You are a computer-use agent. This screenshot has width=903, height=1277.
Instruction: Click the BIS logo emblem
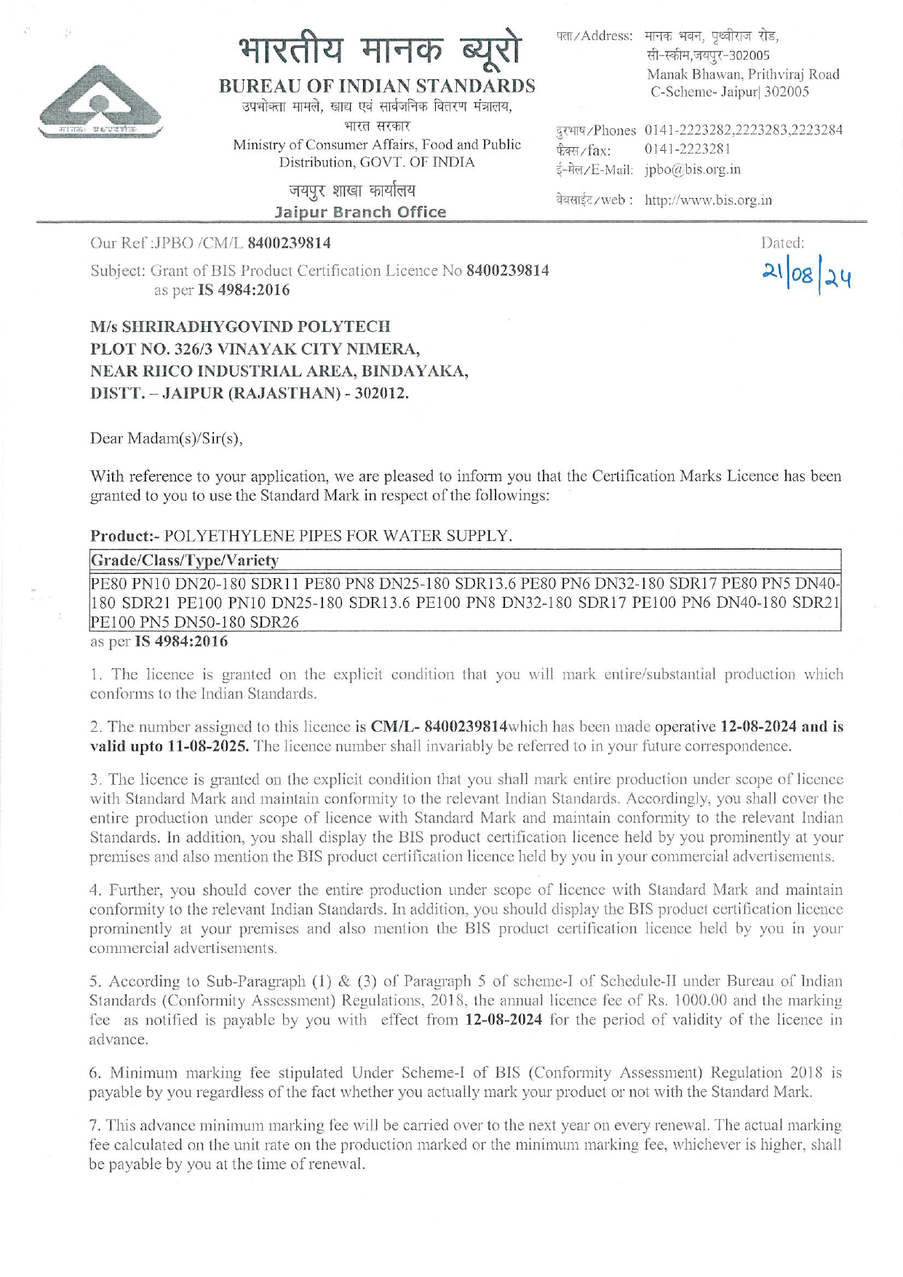[x=100, y=100]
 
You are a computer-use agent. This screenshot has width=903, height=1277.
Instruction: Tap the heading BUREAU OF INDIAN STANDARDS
[x=377, y=86]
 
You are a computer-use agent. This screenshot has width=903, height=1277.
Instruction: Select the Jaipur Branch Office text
[x=360, y=212]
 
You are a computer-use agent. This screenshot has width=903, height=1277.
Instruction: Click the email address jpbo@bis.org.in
[x=692, y=170]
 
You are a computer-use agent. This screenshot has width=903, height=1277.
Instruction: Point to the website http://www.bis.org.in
[x=707, y=200]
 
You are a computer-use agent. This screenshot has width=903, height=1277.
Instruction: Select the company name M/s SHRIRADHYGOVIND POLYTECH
[x=240, y=326]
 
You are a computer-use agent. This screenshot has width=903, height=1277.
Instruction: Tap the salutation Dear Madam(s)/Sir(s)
[x=166, y=438]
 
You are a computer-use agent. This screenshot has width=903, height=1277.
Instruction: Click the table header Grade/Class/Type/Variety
[x=184, y=561]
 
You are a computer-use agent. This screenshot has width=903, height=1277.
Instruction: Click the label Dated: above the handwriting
[x=781, y=243]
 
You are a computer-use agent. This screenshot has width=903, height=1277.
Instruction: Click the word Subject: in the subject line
[x=118, y=271]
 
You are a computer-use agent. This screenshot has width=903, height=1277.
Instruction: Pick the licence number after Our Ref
[x=289, y=242]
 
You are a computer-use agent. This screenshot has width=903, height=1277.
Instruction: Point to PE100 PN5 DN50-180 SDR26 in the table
[x=194, y=622]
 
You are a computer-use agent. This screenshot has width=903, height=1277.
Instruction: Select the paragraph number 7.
[x=95, y=1126]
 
